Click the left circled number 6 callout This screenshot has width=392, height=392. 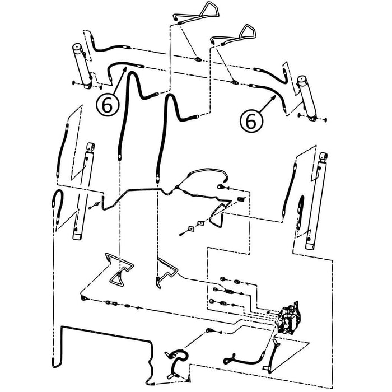pyautogui.click(x=108, y=105)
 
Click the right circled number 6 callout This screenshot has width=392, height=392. pyautogui.click(x=251, y=122)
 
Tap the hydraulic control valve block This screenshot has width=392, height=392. pyautogui.click(x=290, y=318)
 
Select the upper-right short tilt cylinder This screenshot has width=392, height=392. pyautogui.click(x=307, y=98)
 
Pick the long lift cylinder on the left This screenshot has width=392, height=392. pyautogui.click(x=84, y=192)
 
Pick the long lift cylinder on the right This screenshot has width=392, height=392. pyautogui.click(x=317, y=200)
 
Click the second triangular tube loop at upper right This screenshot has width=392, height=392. pyautogui.click(x=234, y=35)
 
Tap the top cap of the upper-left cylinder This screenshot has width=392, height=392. pyautogui.click(x=77, y=47)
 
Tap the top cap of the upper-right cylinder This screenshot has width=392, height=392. pyautogui.click(x=302, y=79)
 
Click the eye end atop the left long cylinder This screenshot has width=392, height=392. pyautogui.click(x=90, y=147)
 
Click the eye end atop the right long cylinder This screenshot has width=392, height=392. pyautogui.click(x=324, y=156)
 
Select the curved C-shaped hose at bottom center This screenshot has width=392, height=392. pyautogui.click(x=177, y=363)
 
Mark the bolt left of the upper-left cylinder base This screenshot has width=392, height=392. pyautogui.click(x=74, y=82)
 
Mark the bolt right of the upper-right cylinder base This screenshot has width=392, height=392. pyautogui.click(x=325, y=120)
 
